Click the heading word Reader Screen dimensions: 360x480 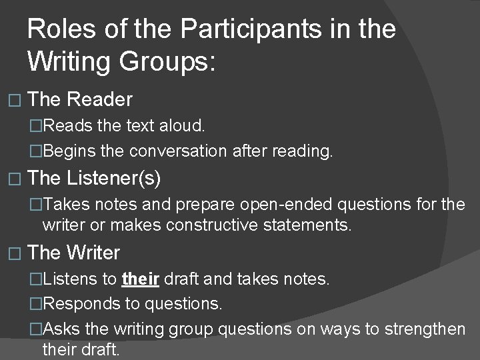100,100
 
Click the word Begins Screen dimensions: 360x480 69,151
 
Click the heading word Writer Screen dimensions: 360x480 93,253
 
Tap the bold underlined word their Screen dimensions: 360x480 141,279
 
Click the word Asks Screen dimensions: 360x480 63,329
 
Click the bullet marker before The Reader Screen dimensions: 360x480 17,101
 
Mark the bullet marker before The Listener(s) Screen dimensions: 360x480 17,179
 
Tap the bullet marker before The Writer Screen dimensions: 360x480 17,253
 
